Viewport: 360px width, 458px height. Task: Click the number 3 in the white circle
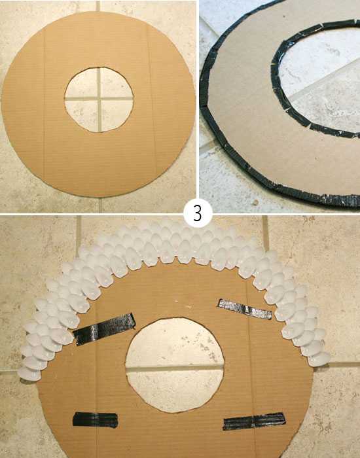click(198, 213)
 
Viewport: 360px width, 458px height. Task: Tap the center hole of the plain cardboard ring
click(99, 100)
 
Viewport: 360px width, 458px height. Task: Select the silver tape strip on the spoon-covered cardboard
click(245, 309)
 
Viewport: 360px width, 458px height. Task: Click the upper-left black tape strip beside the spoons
click(105, 329)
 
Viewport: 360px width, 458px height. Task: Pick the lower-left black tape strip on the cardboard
click(96, 420)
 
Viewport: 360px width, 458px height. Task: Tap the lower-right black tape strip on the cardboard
click(254, 421)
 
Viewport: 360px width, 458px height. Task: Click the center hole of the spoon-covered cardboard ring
click(175, 365)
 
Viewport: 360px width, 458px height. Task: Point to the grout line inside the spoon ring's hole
click(175, 368)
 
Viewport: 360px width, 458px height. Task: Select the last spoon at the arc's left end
click(29, 374)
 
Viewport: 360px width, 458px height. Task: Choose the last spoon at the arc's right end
click(319, 359)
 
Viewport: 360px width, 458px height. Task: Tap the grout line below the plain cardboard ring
click(99, 205)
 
